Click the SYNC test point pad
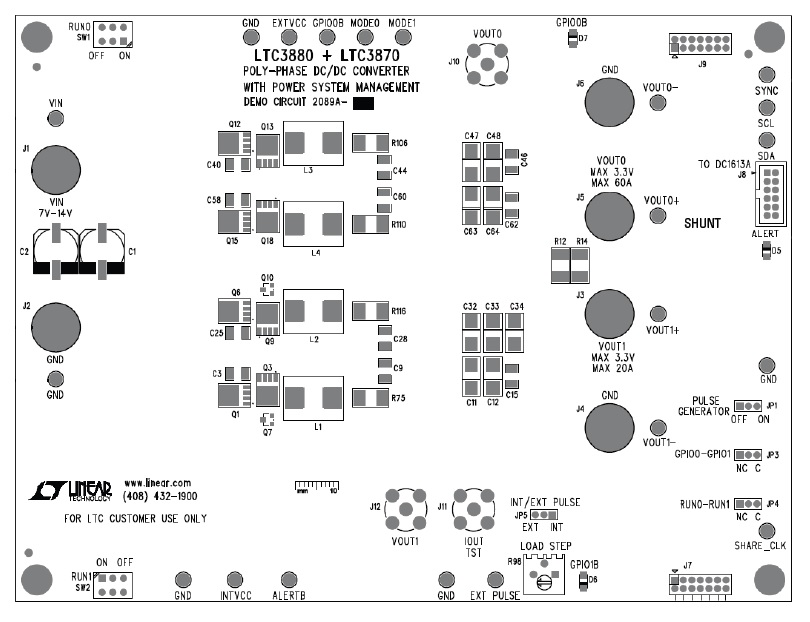click(767, 76)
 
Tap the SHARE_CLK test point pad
click(768, 531)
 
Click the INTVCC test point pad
click(235, 580)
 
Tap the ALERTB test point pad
click(290, 580)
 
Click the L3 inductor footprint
click(313, 145)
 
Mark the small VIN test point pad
click(57, 119)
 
